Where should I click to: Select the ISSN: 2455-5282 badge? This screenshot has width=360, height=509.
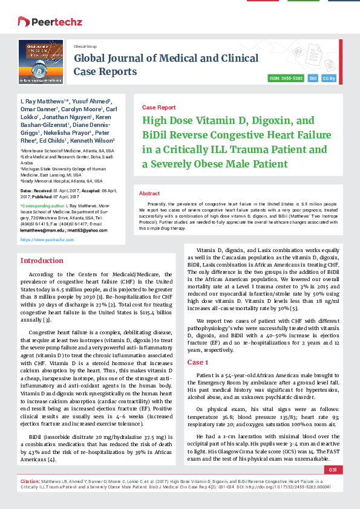286,79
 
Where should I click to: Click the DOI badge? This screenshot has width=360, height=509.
313,79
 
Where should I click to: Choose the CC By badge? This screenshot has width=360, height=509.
329,79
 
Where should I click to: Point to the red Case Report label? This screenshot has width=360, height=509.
159,107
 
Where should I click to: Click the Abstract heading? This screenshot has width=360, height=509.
149,193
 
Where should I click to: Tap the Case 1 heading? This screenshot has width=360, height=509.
197,362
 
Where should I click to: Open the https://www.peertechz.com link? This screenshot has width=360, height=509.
47,239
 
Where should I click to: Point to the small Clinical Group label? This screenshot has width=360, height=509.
85,46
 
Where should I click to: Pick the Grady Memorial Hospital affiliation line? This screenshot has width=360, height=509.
61,181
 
